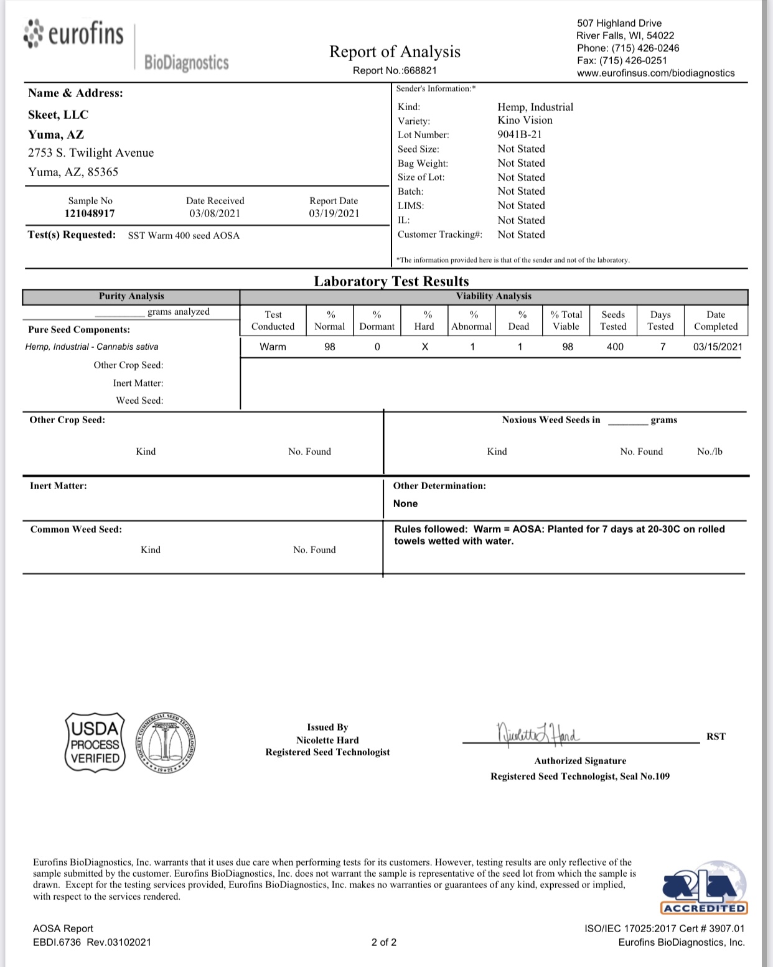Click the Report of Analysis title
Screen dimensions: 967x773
[395, 52]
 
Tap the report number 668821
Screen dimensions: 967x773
[420, 71]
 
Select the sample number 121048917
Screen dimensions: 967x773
[90, 213]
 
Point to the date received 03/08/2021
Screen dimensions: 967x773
[215, 213]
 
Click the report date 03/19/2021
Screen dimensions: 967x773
[334, 213]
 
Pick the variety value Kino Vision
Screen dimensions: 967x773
[525, 121]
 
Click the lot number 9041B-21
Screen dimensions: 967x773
[519, 135]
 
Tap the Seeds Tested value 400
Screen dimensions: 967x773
[615, 347]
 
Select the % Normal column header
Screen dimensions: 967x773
[330, 320]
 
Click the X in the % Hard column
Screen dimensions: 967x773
[424, 347]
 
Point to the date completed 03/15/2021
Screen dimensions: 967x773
[718, 347]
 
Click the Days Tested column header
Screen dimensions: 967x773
[660, 320]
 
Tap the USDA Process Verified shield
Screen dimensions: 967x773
[95, 743]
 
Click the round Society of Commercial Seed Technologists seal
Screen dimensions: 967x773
[165, 743]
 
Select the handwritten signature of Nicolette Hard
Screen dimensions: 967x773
[538, 734]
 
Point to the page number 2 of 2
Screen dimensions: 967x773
[384, 942]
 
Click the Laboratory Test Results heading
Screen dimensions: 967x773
[391, 281]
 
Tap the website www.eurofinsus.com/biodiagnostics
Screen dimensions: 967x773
[656, 73]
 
